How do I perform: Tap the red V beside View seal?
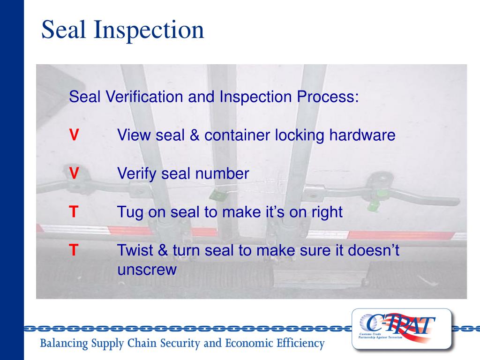pos(74,135)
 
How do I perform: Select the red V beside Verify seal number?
pos(74,173)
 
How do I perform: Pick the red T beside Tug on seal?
pos(74,212)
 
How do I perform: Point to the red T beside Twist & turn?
pos(74,250)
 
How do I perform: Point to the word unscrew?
pos(147,270)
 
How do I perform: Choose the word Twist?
pos(134,250)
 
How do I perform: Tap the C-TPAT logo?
pos(402,329)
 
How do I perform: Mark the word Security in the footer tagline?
pos(184,344)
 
